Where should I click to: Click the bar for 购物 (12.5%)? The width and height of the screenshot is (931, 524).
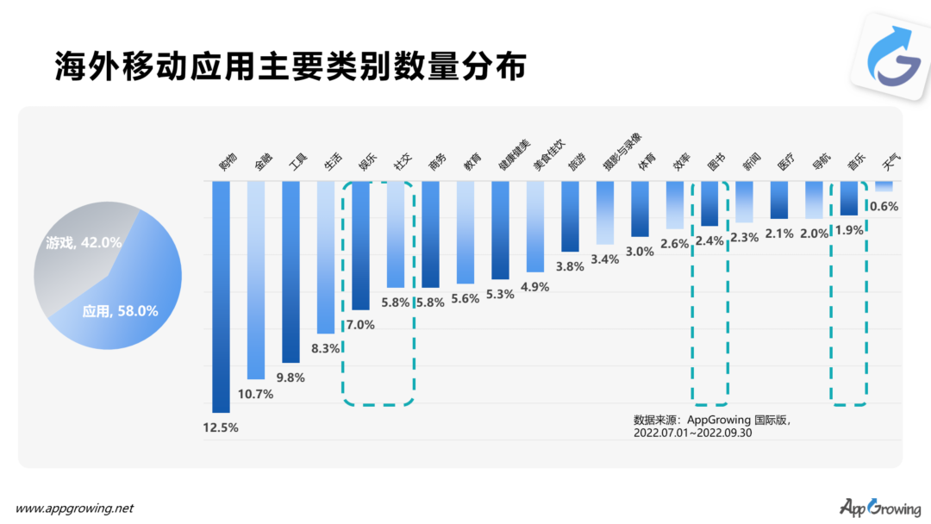pos(221,296)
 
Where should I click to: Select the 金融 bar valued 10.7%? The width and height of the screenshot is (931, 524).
pos(256,280)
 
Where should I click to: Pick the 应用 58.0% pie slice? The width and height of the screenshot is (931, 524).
pos(129,302)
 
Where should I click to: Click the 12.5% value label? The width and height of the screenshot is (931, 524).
pos(221,427)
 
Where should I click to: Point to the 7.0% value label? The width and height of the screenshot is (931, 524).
pos(360,325)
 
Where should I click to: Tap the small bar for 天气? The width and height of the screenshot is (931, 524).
pos(884,186)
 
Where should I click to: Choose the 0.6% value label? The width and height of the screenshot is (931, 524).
pos(884,206)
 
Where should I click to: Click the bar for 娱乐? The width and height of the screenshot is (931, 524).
pos(360,246)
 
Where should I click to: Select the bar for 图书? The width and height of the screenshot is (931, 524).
pos(709,203)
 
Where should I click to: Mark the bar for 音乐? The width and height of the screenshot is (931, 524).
pos(849,198)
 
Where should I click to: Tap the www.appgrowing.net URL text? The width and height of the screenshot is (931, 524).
pos(75,508)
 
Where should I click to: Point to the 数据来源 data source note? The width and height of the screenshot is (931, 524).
pos(717,426)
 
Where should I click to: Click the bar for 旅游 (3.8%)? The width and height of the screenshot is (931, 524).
pos(570,216)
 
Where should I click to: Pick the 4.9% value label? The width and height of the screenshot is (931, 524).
pos(534,287)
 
